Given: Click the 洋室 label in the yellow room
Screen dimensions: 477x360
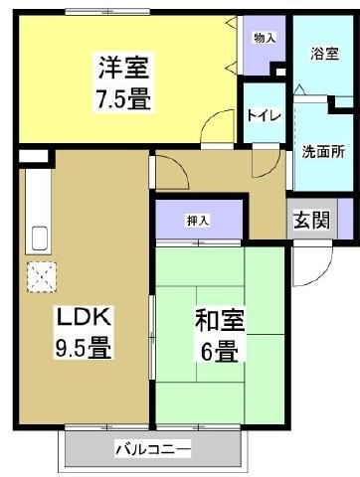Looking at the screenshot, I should (x=124, y=71).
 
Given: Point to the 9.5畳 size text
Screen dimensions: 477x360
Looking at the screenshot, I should (x=83, y=349).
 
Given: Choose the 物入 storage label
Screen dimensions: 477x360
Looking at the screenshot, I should (x=265, y=38).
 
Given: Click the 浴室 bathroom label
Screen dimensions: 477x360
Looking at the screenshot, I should (x=324, y=53).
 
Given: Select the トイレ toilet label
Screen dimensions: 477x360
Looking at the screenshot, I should (x=265, y=116).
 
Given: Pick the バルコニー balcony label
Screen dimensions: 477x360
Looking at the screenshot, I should (x=152, y=449).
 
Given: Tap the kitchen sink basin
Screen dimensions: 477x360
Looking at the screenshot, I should (x=41, y=238).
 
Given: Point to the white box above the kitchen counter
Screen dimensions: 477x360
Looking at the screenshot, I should (x=33, y=156).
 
